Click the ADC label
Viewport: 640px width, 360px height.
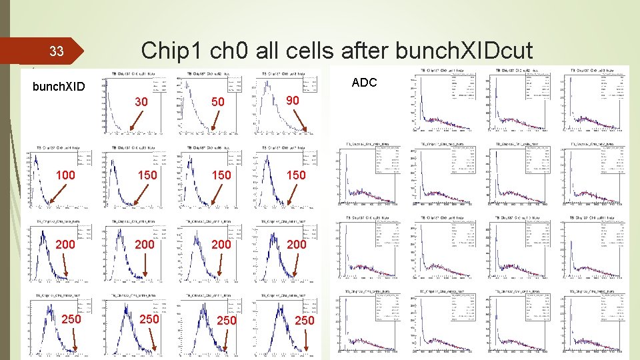coord(364,82)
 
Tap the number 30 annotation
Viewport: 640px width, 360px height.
coord(141,103)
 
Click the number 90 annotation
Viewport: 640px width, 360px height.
coord(291,100)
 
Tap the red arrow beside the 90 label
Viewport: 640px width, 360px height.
coord(298,120)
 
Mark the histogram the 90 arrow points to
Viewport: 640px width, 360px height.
coord(283,105)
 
